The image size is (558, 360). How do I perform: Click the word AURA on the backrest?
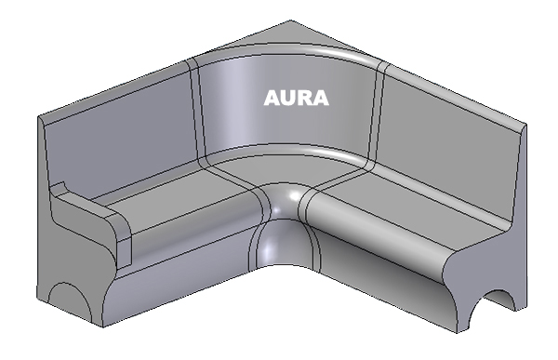[x=296, y=98]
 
